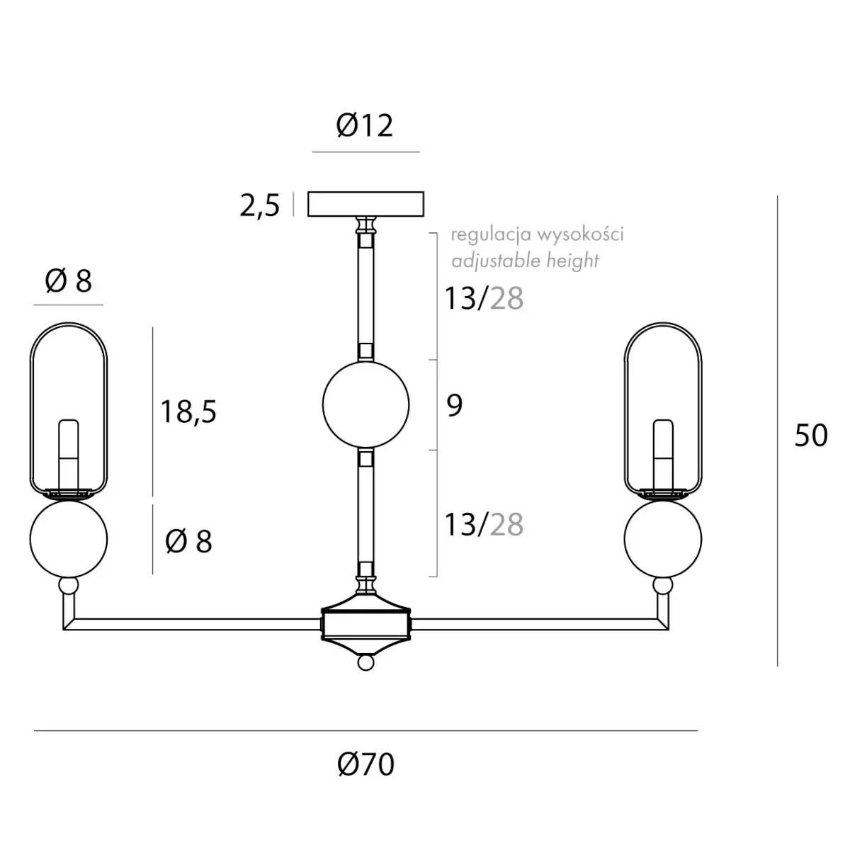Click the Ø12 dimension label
364,125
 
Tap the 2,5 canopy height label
260,205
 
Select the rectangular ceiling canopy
365,204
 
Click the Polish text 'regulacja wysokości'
537,234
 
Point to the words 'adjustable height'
525,260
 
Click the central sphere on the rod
365,404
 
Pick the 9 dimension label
455,405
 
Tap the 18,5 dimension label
189,412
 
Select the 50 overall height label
811,436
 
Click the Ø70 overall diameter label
365,764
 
